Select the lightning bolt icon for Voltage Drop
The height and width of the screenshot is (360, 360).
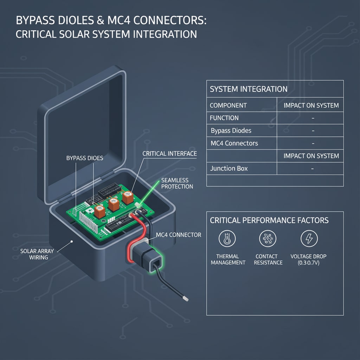tap(309, 239)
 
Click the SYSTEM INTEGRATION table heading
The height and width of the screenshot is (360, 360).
tap(249, 89)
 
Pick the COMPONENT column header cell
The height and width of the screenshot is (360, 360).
tap(228, 105)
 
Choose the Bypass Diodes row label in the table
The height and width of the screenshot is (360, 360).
tap(231, 131)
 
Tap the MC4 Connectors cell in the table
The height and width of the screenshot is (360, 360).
tap(234, 143)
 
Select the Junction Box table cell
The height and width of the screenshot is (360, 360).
tap(229, 168)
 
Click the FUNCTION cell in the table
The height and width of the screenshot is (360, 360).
tap(224, 118)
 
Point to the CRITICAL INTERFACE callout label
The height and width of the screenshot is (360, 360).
tap(169, 154)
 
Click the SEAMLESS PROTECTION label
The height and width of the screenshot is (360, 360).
tap(177, 183)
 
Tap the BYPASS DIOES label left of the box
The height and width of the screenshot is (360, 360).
tap(85, 158)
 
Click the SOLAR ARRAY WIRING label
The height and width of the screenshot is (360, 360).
tap(34, 254)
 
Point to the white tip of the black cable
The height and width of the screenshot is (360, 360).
tap(186, 299)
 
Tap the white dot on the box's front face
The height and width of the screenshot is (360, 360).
tap(72, 242)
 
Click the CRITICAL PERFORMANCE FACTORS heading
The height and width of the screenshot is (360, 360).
tap(269, 220)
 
